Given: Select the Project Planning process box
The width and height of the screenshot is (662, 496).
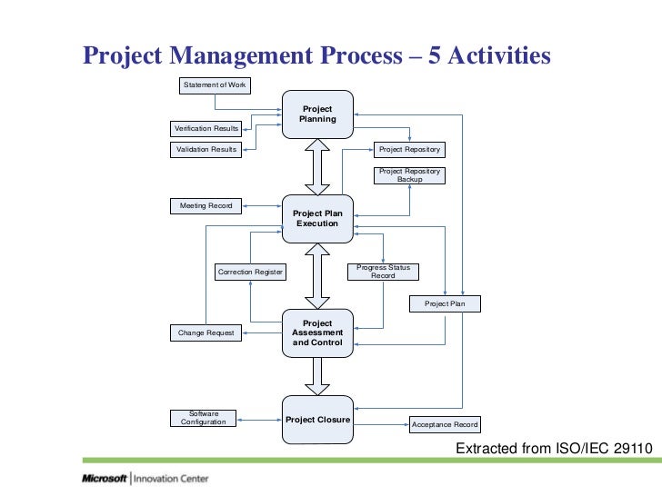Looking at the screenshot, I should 317,114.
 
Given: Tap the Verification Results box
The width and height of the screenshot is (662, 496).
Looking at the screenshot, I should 206,129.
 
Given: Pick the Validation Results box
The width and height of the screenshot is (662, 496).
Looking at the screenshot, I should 206,149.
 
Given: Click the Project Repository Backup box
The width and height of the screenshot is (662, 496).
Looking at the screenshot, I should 409,175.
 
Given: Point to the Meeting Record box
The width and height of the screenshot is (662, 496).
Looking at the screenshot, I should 206,206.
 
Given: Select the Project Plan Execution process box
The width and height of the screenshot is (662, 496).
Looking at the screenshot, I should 317,218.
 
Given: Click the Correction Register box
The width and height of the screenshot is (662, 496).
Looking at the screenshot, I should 250,272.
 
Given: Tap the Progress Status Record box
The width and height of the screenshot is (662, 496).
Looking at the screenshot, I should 383,272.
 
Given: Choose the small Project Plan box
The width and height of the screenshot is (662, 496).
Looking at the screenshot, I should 445,303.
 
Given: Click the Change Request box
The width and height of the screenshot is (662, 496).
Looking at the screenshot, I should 206,333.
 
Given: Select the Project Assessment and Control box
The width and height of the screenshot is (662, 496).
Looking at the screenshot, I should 317,332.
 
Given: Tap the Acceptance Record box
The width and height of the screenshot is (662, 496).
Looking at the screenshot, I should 444,424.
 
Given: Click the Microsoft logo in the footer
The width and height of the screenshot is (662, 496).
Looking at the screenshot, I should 105,479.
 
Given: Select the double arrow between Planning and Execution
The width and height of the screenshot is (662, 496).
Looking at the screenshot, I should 317,165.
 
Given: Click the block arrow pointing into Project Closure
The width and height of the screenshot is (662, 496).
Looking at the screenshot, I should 317,375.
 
